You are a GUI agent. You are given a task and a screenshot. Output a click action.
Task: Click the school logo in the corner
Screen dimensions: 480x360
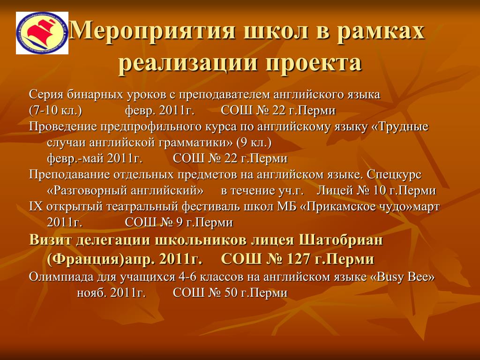42,33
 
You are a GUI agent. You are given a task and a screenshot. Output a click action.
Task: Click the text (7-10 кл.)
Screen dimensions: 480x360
55,111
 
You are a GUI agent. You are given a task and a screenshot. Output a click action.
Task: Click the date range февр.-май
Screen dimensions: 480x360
75,158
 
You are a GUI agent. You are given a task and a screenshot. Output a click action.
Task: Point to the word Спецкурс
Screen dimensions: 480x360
394,174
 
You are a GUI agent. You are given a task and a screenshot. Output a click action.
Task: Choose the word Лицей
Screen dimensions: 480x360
334,190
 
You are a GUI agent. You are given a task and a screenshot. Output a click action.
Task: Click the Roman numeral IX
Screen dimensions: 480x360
36,207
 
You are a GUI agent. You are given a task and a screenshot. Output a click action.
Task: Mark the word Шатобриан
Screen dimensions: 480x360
341,240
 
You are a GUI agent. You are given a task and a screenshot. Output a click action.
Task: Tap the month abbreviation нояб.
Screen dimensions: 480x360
91,293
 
